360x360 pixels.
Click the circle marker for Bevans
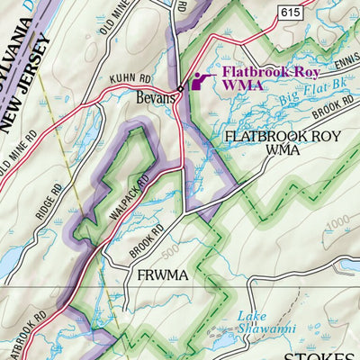click(180, 88)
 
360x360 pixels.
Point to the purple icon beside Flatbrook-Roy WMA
click(200, 80)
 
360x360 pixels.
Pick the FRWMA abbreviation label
click(162, 274)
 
